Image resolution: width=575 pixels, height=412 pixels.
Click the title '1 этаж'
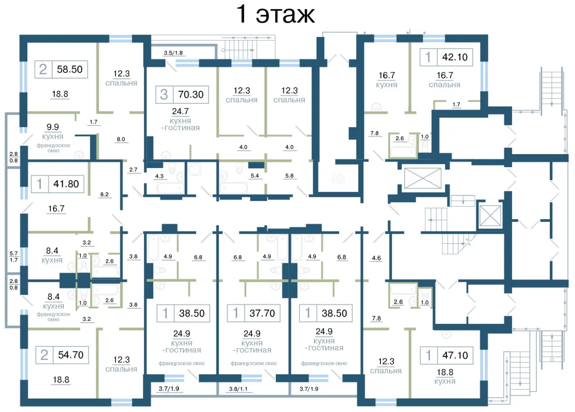click(x=275, y=14)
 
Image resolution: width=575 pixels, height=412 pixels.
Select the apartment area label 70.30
click(x=191, y=94)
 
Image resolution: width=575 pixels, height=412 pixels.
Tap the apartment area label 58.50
click(x=70, y=69)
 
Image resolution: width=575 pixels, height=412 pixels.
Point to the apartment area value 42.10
click(x=455, y=57)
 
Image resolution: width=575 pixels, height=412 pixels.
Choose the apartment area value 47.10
click(x=455, y=355)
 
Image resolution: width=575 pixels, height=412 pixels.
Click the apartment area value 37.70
click(x=262, y=313)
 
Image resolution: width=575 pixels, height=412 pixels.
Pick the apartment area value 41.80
click(x=66, y=184)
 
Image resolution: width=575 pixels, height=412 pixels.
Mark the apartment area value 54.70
click(x=71, y=355)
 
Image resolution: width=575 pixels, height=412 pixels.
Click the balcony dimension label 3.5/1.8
click(x=173, y=53)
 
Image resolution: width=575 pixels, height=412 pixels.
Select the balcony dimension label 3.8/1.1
click(x=238, y=389)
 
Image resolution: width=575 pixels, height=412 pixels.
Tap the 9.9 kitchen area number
click(x=53, y=127)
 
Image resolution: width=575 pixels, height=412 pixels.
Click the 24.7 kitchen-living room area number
click(x=180, y=111)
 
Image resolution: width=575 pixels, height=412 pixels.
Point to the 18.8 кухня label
click(x=445, y=377)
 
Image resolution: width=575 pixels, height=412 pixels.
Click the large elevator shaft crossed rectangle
click(x=423, y=178)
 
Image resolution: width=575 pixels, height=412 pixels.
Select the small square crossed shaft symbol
click(x=490, y=216)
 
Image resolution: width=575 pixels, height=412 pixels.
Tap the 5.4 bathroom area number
click(x=255, y=176)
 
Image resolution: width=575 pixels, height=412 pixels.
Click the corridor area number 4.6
click(x=376, y=258)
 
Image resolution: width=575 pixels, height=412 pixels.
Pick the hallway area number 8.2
click(x=104, y=195)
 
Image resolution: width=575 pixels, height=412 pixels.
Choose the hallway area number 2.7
click(x=133, y=169)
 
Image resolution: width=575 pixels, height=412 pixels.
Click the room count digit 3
click(x=164, y=94)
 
